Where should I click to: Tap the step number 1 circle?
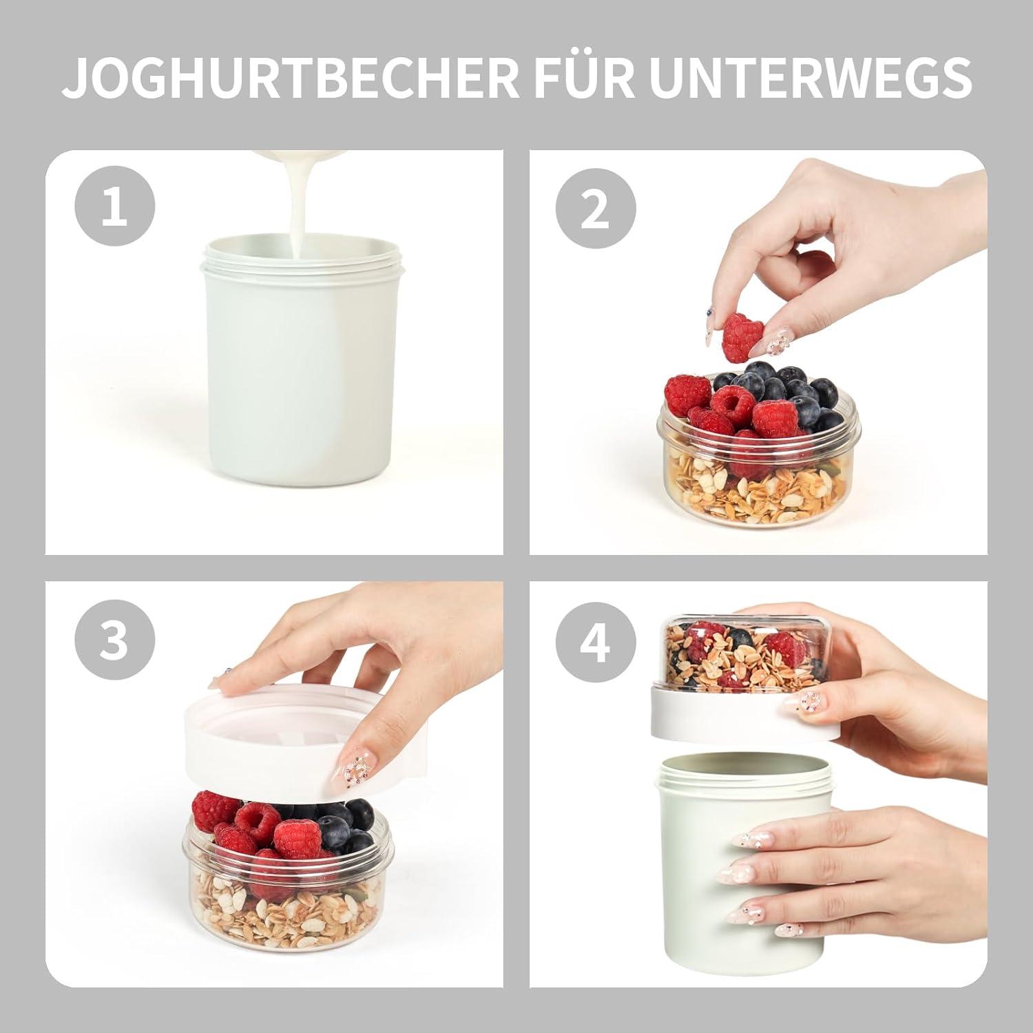115,207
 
